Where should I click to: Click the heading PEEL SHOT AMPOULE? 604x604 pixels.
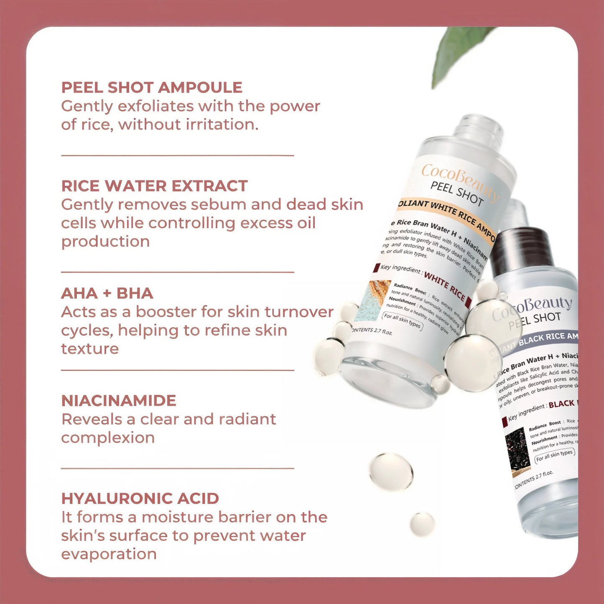(152, 87)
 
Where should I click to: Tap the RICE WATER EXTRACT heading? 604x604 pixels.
(154, 186)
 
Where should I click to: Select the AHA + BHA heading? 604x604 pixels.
(107, 293)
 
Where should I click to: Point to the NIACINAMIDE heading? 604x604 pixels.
(119, 400)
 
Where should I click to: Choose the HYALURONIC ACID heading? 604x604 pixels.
(140, 499)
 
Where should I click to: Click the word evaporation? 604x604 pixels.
(109, 554)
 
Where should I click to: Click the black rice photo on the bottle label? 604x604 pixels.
(517, 450)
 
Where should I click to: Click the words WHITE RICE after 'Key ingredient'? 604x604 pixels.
(445, 286)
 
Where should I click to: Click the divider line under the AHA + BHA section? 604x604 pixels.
(178, 370)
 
